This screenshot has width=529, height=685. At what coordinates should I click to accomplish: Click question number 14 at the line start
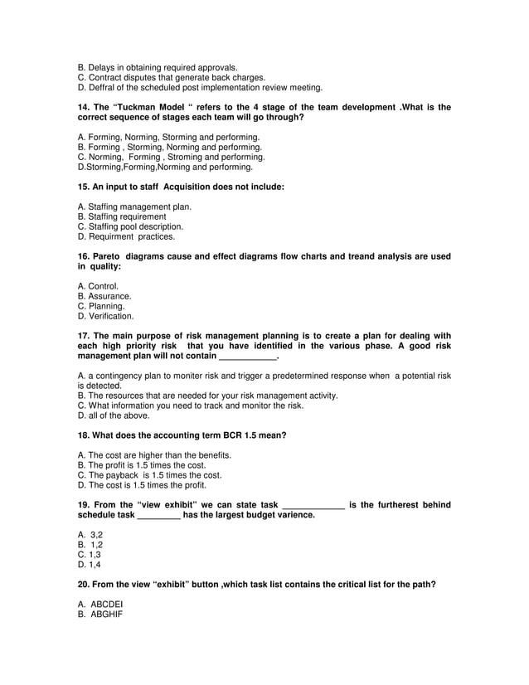point(83,108)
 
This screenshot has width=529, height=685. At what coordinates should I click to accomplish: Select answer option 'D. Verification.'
point(105,316)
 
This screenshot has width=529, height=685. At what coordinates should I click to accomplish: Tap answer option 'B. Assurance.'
point(104,296)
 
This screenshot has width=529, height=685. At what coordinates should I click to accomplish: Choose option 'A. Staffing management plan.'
point(134,206)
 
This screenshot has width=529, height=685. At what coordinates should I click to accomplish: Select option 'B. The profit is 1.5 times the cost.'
point(141,465)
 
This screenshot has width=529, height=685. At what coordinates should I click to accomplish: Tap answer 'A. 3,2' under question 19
point(90,535)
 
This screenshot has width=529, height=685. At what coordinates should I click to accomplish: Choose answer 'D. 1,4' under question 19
point(90,565)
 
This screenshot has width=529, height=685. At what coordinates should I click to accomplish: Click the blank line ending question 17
point(247,357)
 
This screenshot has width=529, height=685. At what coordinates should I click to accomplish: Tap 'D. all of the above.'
point(114,415)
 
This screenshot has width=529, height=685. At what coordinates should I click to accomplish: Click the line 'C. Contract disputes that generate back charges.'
point(171,77)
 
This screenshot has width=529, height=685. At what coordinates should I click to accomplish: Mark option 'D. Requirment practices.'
point(126,236)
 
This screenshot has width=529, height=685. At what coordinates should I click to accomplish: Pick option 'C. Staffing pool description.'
point(130,226)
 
